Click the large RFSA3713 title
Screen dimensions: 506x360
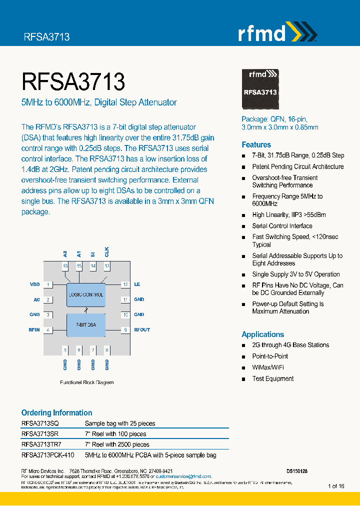(x=73, y=82)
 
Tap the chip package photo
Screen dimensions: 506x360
(x=260, y=89)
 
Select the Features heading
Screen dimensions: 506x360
(x=256, y=144)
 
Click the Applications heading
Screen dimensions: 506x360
(x=262, y=334)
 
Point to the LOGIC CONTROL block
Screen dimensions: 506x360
(x=86, y=294)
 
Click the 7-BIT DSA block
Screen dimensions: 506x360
(x=86, y=325)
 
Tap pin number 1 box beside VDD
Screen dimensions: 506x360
(x=48, y=284)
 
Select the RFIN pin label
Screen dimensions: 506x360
(x=34, y=330)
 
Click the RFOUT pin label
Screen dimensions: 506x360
(x=141, y=330)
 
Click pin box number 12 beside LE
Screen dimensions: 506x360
(x=125, y=284)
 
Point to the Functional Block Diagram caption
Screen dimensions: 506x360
(x=86, y=382)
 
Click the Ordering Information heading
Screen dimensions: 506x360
(x=56, y=412)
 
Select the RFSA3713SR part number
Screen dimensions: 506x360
(x=39, y=434)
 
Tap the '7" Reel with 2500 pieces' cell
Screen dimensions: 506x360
(x=117, y=444)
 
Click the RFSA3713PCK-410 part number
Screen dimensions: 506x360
(x=47, y=455)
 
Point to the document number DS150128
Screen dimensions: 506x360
(x=297, y=471)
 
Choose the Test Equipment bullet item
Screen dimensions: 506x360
(x=272, y=378)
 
